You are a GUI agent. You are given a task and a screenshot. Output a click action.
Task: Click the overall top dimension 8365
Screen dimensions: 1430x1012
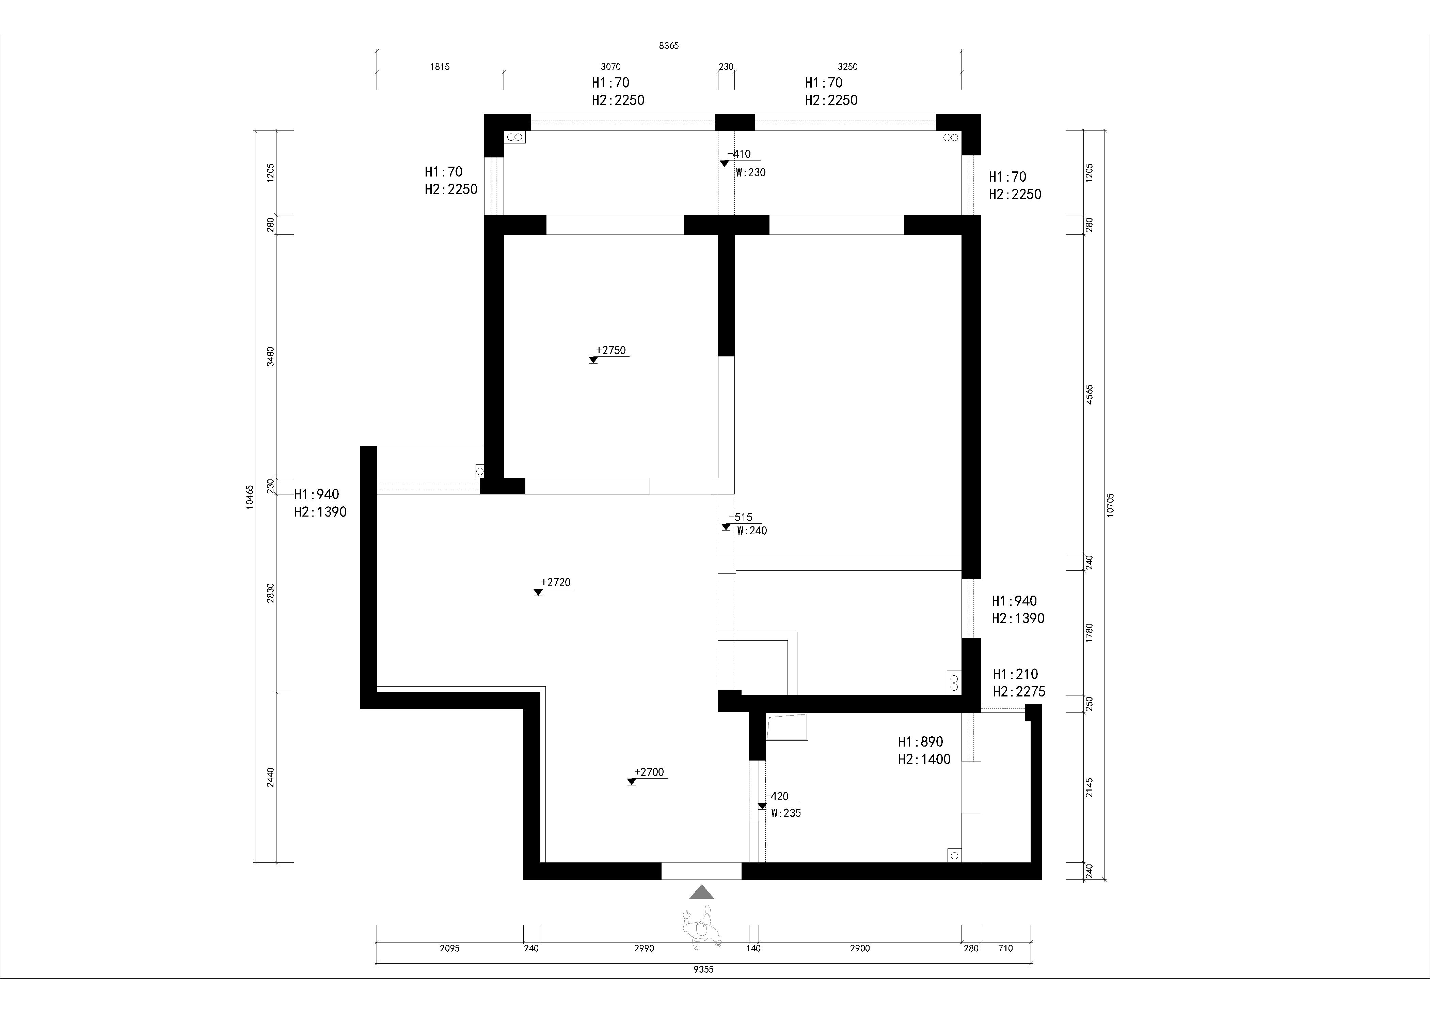(669, 46)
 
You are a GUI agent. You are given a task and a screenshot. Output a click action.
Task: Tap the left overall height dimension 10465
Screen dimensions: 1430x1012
(250, 497)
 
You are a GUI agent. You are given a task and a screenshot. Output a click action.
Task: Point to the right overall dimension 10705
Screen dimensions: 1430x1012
(1111, 504)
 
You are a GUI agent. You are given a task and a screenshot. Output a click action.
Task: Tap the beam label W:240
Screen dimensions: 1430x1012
(752, 531)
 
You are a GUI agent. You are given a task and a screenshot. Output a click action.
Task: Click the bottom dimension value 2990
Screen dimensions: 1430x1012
(644, 948)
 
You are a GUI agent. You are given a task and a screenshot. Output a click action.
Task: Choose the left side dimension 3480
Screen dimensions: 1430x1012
(270, 356)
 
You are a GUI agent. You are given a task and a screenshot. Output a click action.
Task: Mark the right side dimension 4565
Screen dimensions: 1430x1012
(1089, 395)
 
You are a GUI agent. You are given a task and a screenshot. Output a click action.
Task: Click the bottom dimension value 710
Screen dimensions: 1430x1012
(1005, 948)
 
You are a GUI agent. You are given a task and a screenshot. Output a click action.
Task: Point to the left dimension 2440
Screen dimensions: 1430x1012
(270, 777)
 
